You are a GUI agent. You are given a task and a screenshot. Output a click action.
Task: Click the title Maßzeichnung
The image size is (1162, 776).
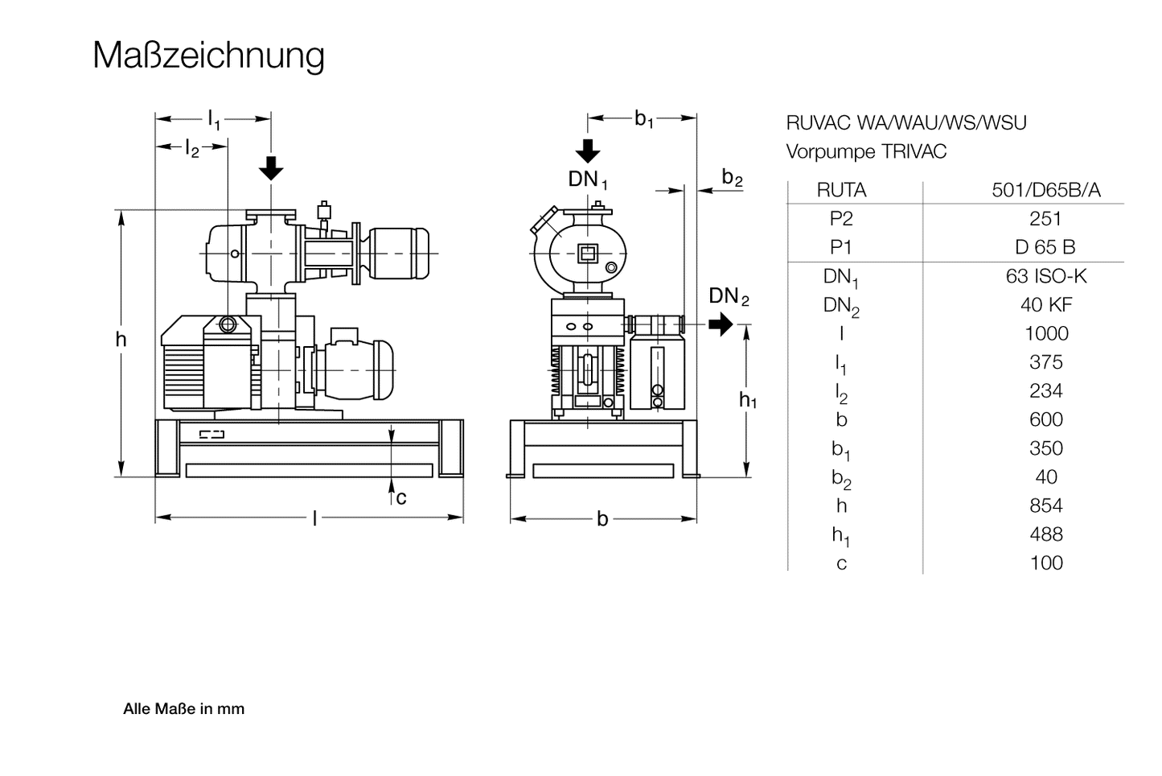click(x=208, y=56)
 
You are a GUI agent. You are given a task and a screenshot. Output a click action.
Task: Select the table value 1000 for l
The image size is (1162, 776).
click(x=1045, y=333)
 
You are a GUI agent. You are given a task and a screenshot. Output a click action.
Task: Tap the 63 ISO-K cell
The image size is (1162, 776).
click(x=1045, y=276)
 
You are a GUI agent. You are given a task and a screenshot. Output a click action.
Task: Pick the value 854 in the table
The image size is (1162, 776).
click(x=1045, y=506)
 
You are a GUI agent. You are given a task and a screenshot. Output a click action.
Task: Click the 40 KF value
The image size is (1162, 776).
click(x=1045, y=305)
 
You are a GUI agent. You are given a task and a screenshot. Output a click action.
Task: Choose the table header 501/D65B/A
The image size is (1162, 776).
click(x=1045, y=190)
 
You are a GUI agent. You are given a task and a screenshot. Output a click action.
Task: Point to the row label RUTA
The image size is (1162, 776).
click(x=841, y=190)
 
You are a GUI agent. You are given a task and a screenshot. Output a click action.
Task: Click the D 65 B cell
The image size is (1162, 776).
click(x=1045, y=247)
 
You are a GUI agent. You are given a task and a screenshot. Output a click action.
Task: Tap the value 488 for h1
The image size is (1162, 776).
click(x=1045, y=535)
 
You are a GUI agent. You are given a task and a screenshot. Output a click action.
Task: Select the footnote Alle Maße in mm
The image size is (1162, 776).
click(x=183, y=709)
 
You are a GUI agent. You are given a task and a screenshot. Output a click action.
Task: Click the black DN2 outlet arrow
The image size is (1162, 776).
click(x=721, y=324)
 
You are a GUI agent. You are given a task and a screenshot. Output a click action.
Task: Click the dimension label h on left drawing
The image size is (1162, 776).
click(x=121, y=340)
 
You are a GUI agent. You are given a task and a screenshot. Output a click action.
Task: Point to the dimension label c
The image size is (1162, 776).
click(x=401, y=498)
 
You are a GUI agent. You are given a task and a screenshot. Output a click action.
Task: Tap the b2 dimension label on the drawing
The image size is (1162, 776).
click(x=732, y=178)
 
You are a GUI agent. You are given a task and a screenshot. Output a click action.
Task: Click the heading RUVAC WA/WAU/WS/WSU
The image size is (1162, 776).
click(x=906, y=123)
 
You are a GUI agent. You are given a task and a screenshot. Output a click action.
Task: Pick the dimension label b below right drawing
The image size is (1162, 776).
click(x=602, y=519)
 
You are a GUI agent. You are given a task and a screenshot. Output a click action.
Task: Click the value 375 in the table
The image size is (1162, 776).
click(x=1045, y=362)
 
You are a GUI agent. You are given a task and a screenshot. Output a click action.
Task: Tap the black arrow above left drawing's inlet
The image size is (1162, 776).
click(x=272, y=167)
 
